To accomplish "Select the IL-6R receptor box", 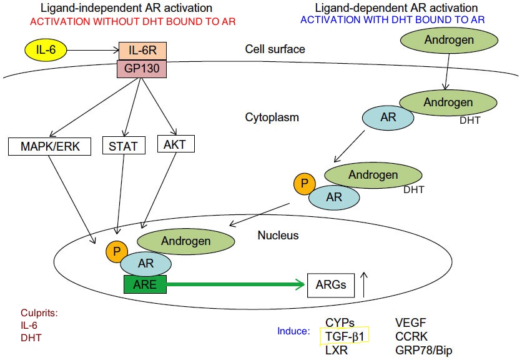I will (x=142, y=48).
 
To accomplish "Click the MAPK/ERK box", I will (x=50, y=147).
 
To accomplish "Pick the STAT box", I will (x=123, y=147).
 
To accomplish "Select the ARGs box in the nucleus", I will (x=331, y=286).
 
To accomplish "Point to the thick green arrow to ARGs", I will (x=237, y=286).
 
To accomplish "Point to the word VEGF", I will (x=410, y=323).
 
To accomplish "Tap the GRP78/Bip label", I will (x=423, y=351).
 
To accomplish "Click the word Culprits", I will (x=39, y=312).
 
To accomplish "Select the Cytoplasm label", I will (x=272, y=117).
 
